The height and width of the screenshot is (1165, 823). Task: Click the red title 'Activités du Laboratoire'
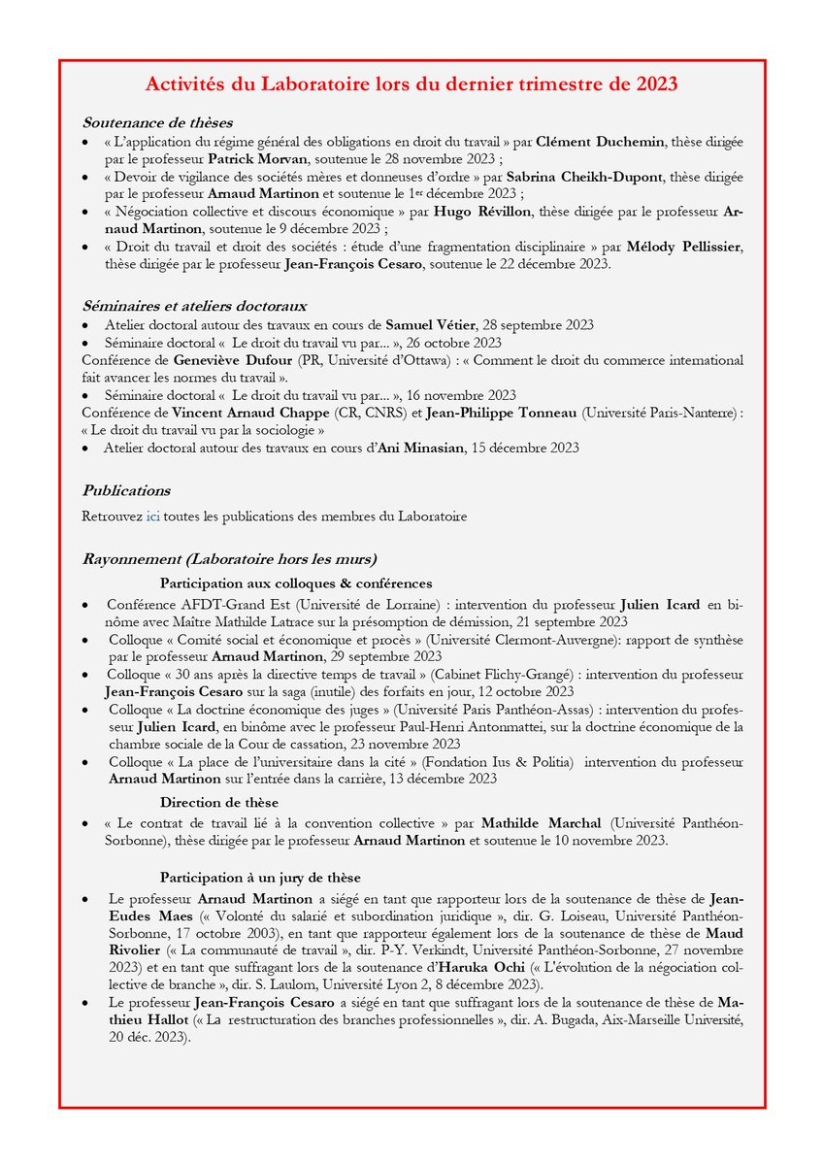pos(411,84)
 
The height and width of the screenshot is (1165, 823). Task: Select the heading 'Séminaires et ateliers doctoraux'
pos(194,306)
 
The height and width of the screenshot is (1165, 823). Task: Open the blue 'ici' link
pos(153,516)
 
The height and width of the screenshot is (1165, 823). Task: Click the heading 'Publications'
pos(126,490)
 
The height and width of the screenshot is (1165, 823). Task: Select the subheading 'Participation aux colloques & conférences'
pos(296,583)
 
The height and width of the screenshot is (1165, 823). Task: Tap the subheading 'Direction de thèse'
pos(219,802)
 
